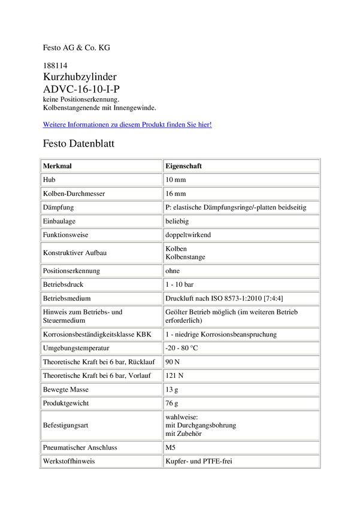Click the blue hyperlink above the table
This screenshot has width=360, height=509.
pos(127,125)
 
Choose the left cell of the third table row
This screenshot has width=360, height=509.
pos(101,193)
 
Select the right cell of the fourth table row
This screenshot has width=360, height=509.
pos(241,207)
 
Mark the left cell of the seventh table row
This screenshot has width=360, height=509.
pos(101,252)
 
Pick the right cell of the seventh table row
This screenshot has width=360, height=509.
pos(241,252)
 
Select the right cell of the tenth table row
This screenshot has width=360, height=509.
pos(241,297)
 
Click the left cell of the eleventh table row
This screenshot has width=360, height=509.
pos(101,315)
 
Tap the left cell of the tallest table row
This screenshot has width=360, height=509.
pos(101,425)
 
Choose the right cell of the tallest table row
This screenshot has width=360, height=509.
pos(241,425)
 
